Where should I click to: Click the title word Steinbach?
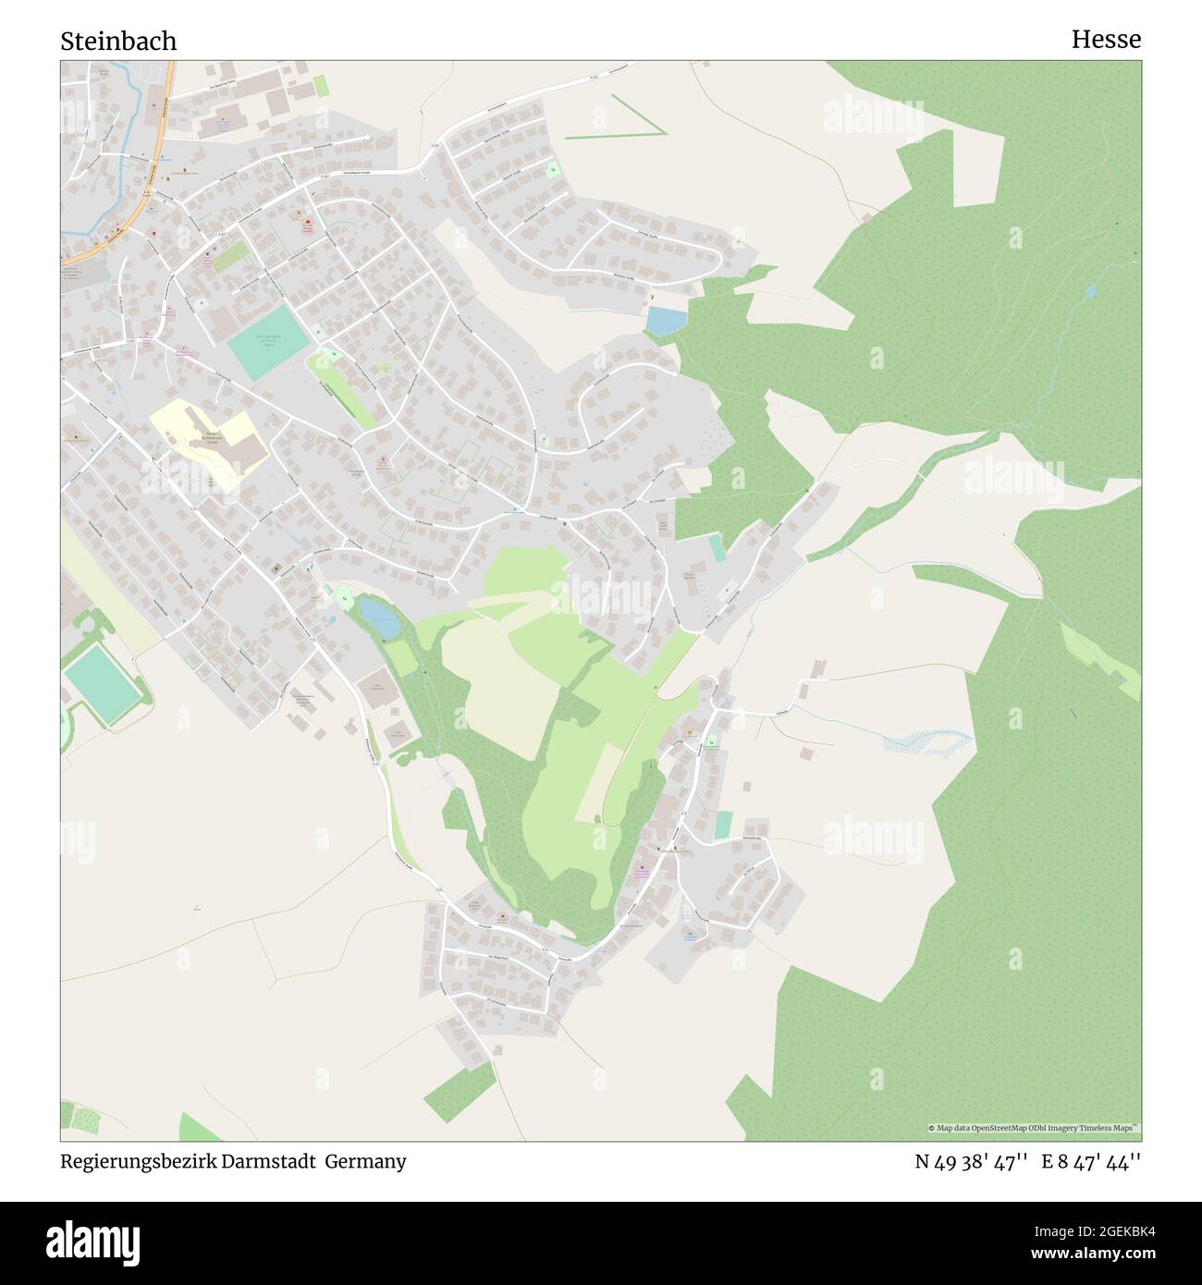coord(118,42)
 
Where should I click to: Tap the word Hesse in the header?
coord(1106,40)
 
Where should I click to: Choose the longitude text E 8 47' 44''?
coord(1091,1161)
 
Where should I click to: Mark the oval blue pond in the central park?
coord(379,617)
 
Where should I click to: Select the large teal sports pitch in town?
coord(268,342)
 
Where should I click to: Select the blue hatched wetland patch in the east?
coord(925,740)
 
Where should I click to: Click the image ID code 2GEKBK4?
coord(1109,1230)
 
